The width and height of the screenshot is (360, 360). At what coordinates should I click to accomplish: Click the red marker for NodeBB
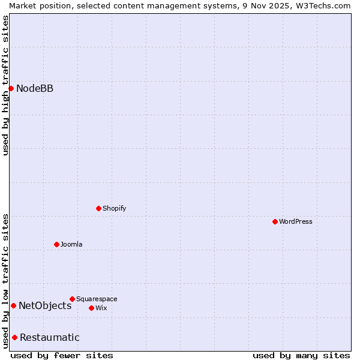[x=11, y=88]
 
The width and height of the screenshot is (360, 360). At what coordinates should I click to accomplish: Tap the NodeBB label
[x=35, y=89]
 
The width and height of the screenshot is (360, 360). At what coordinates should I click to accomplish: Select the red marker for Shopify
[x=98, y=208]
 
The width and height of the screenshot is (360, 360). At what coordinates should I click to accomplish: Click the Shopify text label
[x=114, y=208]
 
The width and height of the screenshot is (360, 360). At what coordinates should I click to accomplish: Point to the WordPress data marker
[x=275, y=221]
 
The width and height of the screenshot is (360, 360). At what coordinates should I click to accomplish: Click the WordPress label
[x=295, y=221]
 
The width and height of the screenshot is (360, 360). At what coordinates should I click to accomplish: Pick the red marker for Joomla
[x=56, y=244]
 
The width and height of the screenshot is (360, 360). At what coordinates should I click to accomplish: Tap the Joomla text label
[x=71, y=244]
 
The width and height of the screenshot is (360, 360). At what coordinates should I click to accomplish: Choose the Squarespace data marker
[x=72, y=299]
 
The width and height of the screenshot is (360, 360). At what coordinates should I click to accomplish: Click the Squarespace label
[x=97, y=299]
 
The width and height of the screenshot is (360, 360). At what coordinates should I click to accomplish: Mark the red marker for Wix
[x=91, y=308]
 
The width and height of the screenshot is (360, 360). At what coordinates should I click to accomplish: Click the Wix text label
[x=101, y=308]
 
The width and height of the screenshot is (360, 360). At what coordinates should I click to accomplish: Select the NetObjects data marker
[x=13, y=305]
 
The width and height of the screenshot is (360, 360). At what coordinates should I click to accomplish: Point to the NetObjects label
[x=45, y=306]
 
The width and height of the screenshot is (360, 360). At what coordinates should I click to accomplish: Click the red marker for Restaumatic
[x=14, y=337]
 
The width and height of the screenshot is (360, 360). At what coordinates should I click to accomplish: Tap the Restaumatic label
[x=50, y=337]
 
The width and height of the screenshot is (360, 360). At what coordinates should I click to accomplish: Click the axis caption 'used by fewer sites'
[x=62, y=355]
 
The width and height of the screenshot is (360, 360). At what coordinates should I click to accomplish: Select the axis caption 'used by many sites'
[x=301, y=355]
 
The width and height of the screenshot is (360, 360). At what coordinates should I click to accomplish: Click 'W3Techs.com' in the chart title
[x=323, y=5]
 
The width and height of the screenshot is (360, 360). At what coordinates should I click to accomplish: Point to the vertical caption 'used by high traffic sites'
[x=5, y=85]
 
